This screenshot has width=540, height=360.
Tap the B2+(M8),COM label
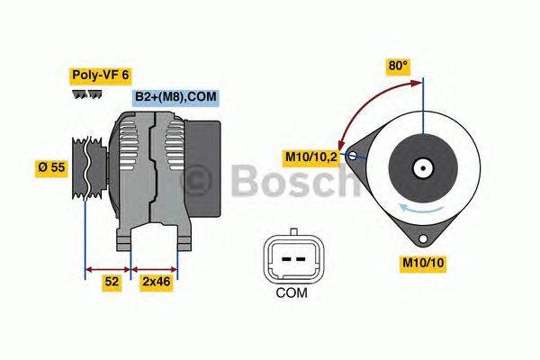click(x=176, y=97)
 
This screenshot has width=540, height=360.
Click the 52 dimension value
click(x=110, y=282)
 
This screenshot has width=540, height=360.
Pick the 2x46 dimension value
click(x=156, y=282)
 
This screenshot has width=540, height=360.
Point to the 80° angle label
click(x=398, y=66)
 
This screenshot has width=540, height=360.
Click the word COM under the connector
click(x=291, y=292)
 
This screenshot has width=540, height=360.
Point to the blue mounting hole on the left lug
click(x=354, y=157)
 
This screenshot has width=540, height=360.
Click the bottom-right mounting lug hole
click(x=422, y=238)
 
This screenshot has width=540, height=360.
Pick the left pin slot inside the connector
click(x=282, y=257)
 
